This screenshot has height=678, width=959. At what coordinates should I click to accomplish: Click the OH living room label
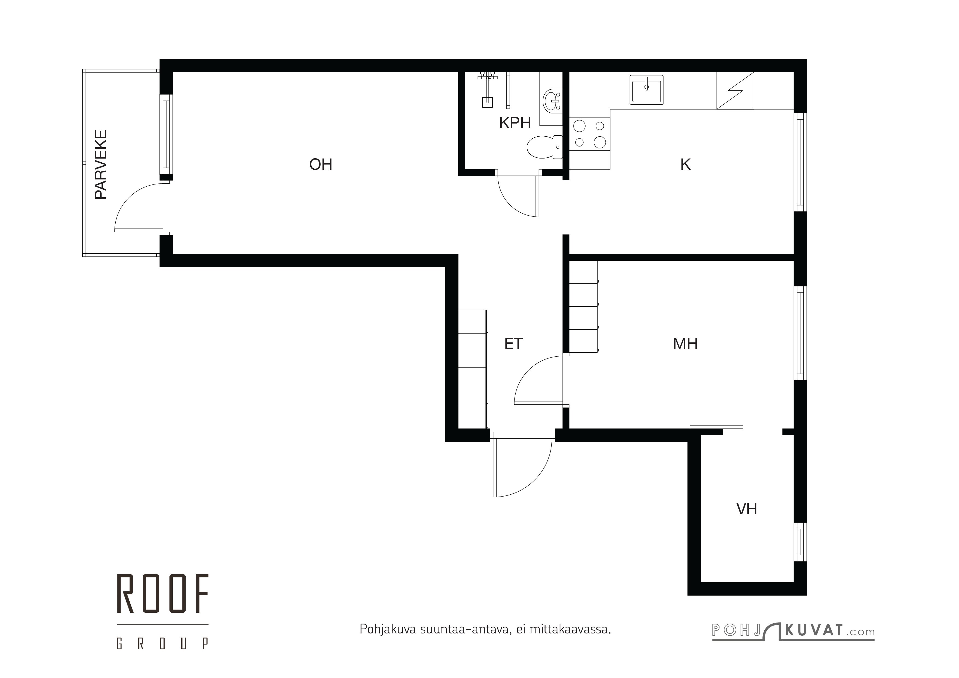tap(320, 165)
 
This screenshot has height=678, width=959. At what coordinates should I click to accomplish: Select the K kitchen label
tap(685, 165)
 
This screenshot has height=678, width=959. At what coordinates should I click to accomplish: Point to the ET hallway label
tap(513, 344)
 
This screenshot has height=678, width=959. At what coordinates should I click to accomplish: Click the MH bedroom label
tap(685, 344)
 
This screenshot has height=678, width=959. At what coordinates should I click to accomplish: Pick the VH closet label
tap(746, 509)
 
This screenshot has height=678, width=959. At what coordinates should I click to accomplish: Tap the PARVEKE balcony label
tap(101, 165)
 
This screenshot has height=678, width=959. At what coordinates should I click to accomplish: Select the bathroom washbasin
tap(552, 101)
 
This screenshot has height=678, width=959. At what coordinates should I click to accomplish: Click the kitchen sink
tap(646, 90)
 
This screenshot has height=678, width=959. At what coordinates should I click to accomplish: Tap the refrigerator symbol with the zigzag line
tap(735, 91)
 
